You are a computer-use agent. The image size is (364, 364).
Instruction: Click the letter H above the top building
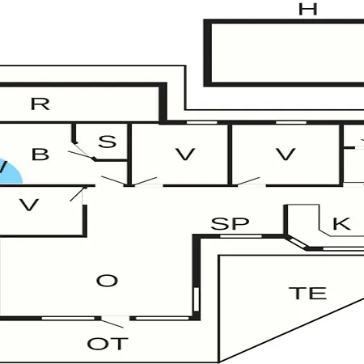tap(307, 10)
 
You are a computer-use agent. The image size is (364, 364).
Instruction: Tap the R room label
tap(40, 104)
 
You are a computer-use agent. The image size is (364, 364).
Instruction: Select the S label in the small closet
tap(108, 142)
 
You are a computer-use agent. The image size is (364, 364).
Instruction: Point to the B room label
tap(40, 154)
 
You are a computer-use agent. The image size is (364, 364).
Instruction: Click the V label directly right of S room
tap(185, 154)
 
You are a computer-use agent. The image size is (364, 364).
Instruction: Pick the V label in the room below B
tap(29, 205)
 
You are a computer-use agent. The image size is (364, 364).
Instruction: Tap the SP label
tap(230, 223)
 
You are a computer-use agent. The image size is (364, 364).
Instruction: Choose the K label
tap(341, 223)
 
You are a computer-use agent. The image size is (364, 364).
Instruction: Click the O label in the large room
tap(107, 281)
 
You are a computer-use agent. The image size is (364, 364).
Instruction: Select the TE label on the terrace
tap(307, 294)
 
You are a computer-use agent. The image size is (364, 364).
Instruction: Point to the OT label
tap(108, 344)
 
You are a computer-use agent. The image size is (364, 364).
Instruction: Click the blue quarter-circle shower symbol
tap(10, 172)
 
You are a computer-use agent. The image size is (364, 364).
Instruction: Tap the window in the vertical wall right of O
tap(197, 299)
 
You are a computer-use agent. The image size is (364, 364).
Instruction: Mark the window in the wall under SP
tap(241, 236)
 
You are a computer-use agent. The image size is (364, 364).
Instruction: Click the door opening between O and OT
tap(116, 319)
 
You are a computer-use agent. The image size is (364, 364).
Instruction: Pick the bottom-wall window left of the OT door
tap(68, 319)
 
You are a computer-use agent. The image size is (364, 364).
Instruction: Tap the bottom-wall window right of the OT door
tap(162, 319)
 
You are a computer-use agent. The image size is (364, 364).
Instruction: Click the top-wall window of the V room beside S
tap(202, 122)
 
